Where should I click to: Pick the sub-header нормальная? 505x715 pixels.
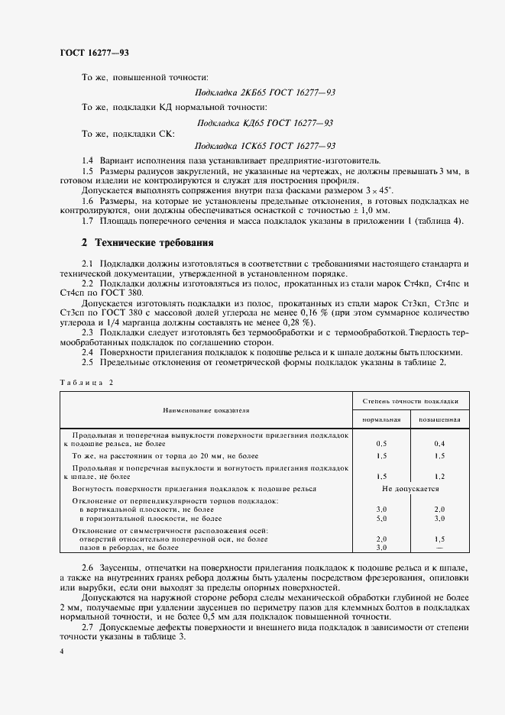[381, 420]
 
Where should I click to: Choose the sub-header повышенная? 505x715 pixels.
[439, 420]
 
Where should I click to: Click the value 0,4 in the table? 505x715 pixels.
[439, 443]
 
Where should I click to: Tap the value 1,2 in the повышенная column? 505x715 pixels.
[439, 475]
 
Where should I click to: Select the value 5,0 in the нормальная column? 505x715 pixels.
[381, 518]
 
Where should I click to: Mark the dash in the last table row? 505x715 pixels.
[439, 548]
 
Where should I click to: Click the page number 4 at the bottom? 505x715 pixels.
[61, 649]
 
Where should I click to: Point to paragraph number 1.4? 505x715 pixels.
[87, 160]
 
